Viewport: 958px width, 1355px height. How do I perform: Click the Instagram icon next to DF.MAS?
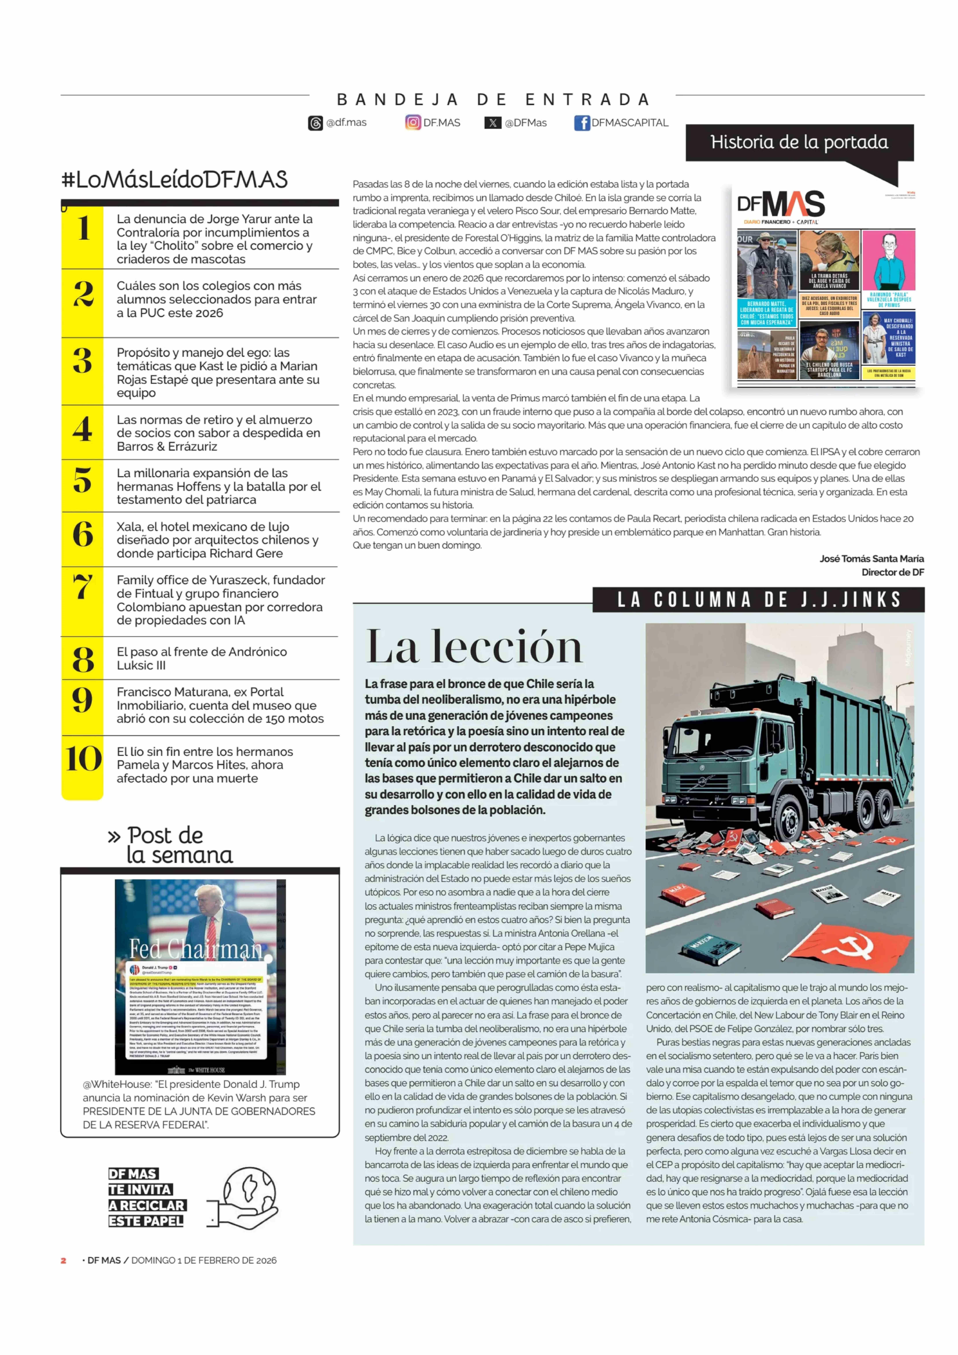(413, 123)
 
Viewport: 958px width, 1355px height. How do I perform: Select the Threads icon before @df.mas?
(316, 123)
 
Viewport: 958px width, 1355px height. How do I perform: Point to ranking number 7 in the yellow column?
(83, 587)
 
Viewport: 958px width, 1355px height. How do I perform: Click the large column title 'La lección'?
(474, 647)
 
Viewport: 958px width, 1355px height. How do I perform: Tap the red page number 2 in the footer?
(63, 1260)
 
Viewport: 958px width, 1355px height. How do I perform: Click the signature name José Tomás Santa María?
(871, 558)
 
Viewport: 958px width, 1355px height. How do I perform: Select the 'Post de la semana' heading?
(171, 845)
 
